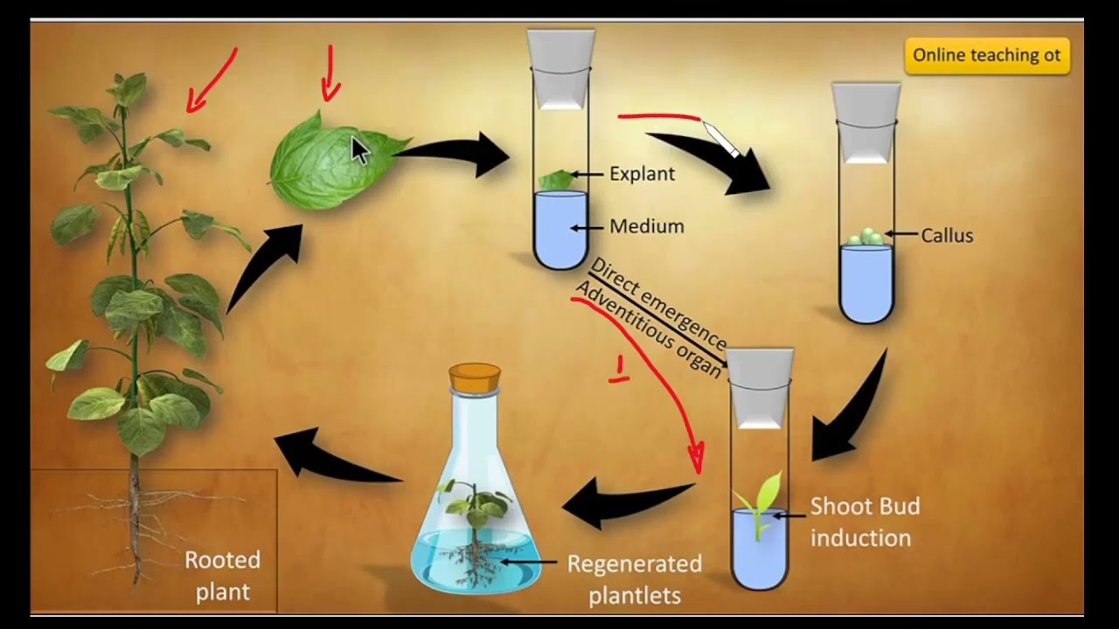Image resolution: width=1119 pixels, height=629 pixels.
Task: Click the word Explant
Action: [642, 174]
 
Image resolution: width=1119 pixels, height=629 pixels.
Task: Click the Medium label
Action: [646, 226]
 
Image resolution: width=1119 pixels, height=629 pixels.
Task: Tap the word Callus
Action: [947, 235]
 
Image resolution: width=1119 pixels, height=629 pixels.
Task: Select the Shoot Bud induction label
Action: [864, 522]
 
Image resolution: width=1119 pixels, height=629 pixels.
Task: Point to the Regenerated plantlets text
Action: [634, 579]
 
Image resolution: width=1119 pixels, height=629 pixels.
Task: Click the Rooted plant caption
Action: [222, 576]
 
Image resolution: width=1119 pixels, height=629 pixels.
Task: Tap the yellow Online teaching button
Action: [986, 55]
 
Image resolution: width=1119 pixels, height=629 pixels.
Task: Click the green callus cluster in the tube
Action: [865, 237]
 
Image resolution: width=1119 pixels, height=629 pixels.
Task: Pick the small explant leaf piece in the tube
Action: [557, 180]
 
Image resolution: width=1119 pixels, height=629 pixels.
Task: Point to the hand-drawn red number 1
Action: [620, 370]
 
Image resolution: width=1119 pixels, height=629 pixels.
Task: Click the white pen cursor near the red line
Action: [721, 140]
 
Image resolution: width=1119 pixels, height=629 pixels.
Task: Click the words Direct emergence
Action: [658, 302]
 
